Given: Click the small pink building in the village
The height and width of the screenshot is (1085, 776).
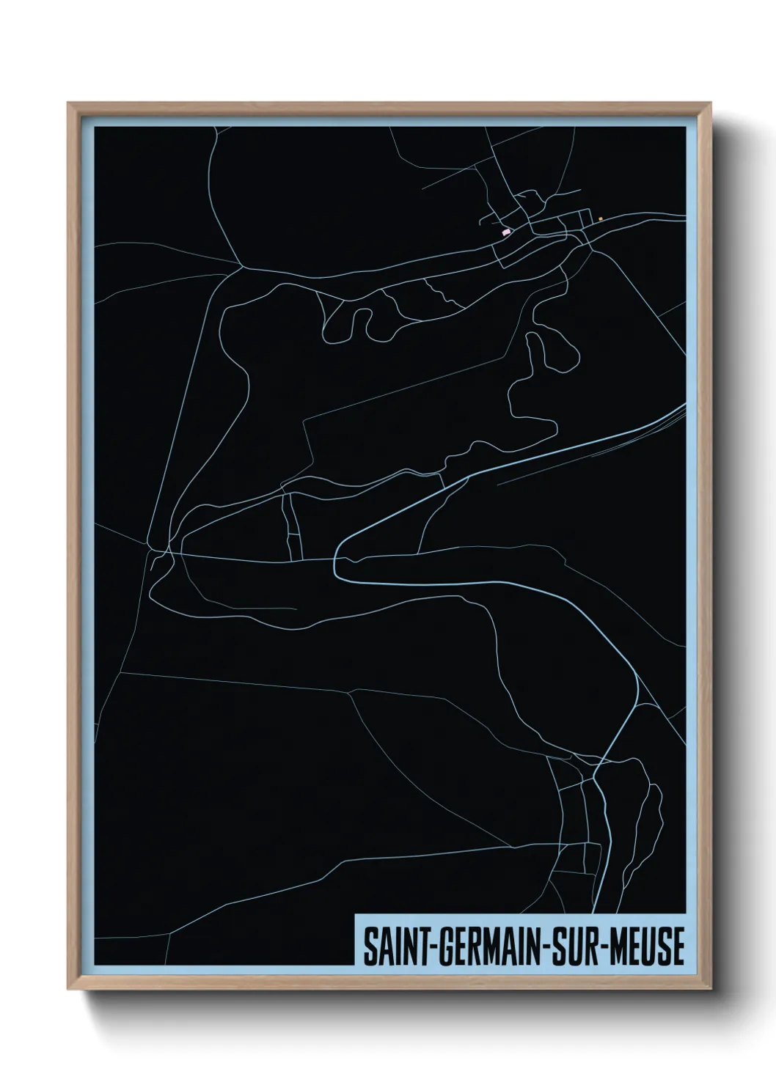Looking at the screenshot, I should (x=505, y=232).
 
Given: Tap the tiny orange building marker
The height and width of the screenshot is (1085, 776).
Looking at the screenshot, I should (x=600, y=218).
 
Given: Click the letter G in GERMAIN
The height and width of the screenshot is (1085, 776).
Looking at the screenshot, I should (x=444, y=947).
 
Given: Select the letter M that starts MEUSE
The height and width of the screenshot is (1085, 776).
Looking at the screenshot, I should (x=619, y=947).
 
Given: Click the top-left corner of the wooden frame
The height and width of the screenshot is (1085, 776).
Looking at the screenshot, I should (x=68, y=103).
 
